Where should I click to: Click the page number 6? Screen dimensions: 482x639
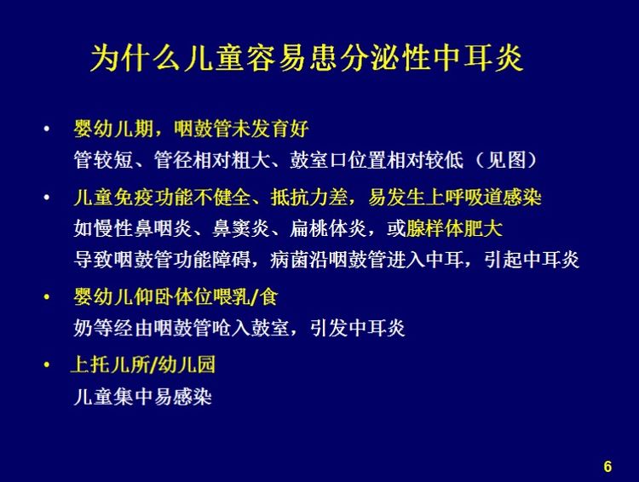pyautogui.click(x=607, y=466)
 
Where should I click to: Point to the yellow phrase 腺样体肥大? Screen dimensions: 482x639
pyautogui.click(x=454, y=229)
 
